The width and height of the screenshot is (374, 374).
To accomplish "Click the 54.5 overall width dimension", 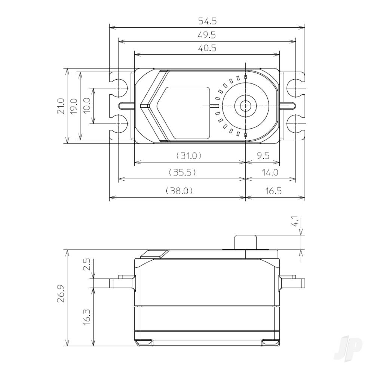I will (x=207, y=21).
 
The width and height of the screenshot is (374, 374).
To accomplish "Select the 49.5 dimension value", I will (x=207, y=35).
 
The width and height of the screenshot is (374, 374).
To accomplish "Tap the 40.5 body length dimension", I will (x=207, y=48).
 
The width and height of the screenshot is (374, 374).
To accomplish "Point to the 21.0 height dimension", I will (x=61, y=106).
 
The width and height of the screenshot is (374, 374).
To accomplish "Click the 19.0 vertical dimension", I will (x=74, y=106).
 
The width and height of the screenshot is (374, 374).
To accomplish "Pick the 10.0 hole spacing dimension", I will (x=87, y=106).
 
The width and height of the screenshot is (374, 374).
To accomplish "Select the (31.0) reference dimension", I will (x=189, y=156).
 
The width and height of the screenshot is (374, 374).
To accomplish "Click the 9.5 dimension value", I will (x=263, y=156).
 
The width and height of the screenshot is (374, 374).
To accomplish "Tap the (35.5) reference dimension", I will (x=182, y=172).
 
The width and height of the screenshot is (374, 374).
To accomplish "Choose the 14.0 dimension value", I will (x=270, y=172).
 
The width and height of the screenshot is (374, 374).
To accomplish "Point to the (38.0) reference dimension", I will (x=179, y=191).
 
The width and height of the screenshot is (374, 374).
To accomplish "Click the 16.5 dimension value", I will (x=275, y=191).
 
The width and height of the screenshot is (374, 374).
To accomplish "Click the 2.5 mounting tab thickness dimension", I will (x=87, y=265).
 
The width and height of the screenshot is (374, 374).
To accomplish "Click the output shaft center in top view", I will (x=245, y=106).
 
